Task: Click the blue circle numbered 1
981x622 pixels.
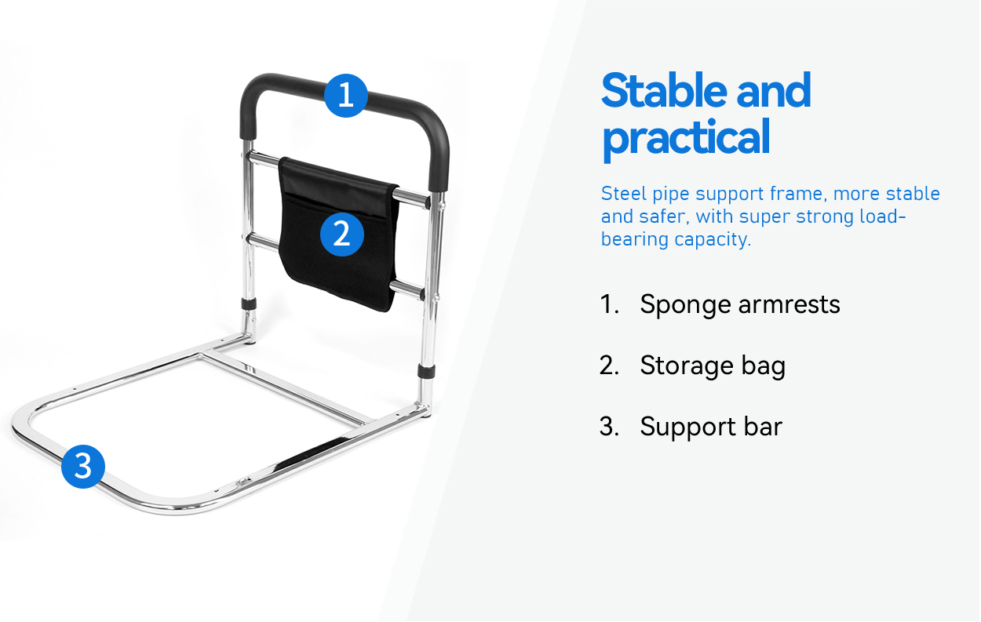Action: (346, 96)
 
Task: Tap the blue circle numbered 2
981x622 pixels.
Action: (342, 235)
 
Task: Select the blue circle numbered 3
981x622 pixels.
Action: (83, 466)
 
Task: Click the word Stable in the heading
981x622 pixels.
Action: (664, 90)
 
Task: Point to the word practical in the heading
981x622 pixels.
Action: (686, 137)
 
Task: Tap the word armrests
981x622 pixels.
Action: (790, 304)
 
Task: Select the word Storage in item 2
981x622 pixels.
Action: (686, 366)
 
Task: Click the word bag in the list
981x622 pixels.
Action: (764, 366)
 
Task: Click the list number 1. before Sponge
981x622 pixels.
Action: (609, 304)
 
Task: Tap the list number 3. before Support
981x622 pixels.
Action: (609, 427)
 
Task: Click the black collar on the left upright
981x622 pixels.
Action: (249, 304)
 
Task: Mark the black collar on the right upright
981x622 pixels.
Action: (425, 371)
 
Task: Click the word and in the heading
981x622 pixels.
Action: (773, 90)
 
